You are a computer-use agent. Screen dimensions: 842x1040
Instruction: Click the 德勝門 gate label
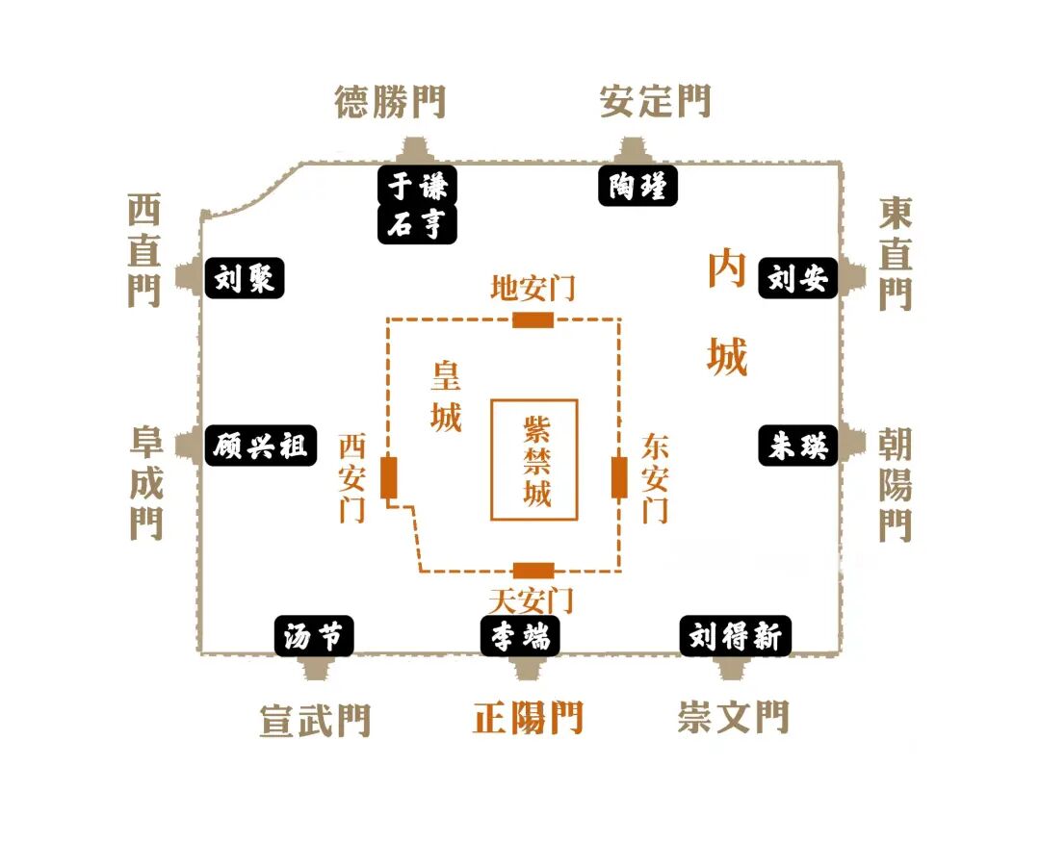coord(390,101)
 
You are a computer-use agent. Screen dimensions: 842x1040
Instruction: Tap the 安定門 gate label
coord(655,101)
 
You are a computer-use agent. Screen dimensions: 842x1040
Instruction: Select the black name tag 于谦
coord(416,185)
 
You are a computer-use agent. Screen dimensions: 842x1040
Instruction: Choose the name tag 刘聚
coord(245,279)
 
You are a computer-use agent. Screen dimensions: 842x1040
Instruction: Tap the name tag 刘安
coord(798,279)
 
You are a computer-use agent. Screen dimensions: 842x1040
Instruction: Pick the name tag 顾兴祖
coord(261,447)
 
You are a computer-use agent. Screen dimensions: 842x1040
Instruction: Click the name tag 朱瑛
coord(798,447)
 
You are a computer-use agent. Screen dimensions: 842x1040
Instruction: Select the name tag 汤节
coord(314,636)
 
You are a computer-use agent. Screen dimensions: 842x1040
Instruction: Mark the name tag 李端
coord(520,636)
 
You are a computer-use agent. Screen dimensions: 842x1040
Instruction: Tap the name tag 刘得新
coord(736,636)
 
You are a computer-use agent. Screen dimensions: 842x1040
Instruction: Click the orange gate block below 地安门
coord(533,319)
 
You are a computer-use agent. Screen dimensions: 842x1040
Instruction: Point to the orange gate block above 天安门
coord(533,570)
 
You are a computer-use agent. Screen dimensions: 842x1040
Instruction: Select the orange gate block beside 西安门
coord(389,477)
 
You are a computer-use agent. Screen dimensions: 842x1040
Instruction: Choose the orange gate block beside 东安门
coord(619,477)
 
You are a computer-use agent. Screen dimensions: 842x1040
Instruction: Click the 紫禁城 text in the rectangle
coord(535,460)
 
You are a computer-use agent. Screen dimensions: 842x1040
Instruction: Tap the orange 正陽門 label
coord(528,718)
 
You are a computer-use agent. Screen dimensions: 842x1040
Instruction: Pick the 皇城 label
coord(446,395)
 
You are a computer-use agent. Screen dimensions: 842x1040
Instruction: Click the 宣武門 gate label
coord(315,720)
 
